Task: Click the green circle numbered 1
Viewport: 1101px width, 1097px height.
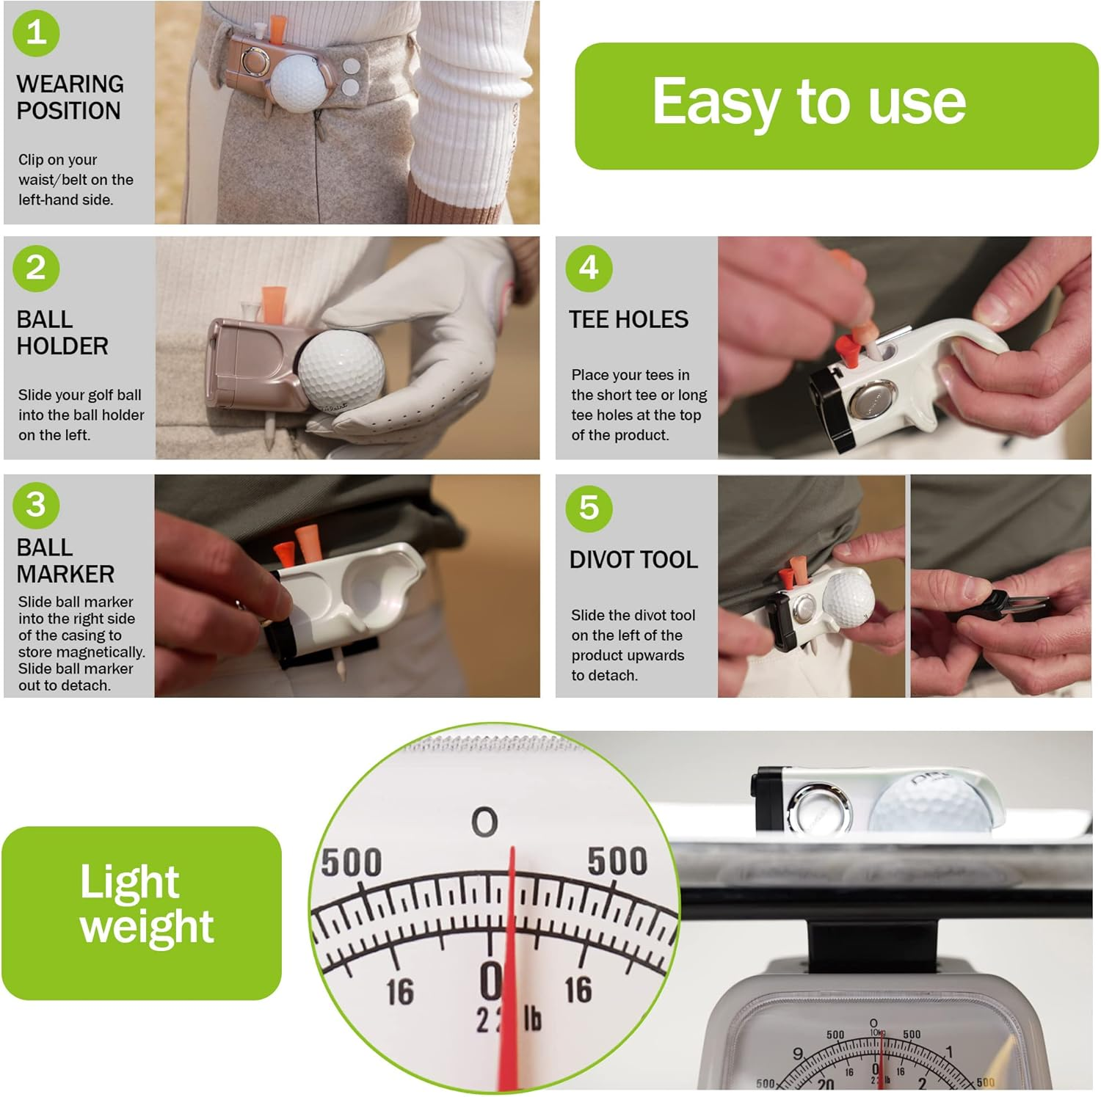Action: (36, 32)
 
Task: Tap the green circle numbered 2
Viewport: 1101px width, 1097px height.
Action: (36, 268)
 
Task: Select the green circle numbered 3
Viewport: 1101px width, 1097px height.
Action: (36, 505)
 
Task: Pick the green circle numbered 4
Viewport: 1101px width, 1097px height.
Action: (589, 268)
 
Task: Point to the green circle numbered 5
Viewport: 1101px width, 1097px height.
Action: (589, 508)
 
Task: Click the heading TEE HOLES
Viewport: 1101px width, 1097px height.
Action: (628, 319)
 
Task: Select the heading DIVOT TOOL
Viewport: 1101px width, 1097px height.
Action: (633, 559)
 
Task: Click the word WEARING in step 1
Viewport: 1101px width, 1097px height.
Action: (70, 84)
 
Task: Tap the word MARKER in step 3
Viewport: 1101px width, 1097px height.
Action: (65, 574)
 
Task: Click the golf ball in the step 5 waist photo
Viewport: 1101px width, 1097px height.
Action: (849, 599)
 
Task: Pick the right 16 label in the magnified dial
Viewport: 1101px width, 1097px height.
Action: (578, 990)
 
